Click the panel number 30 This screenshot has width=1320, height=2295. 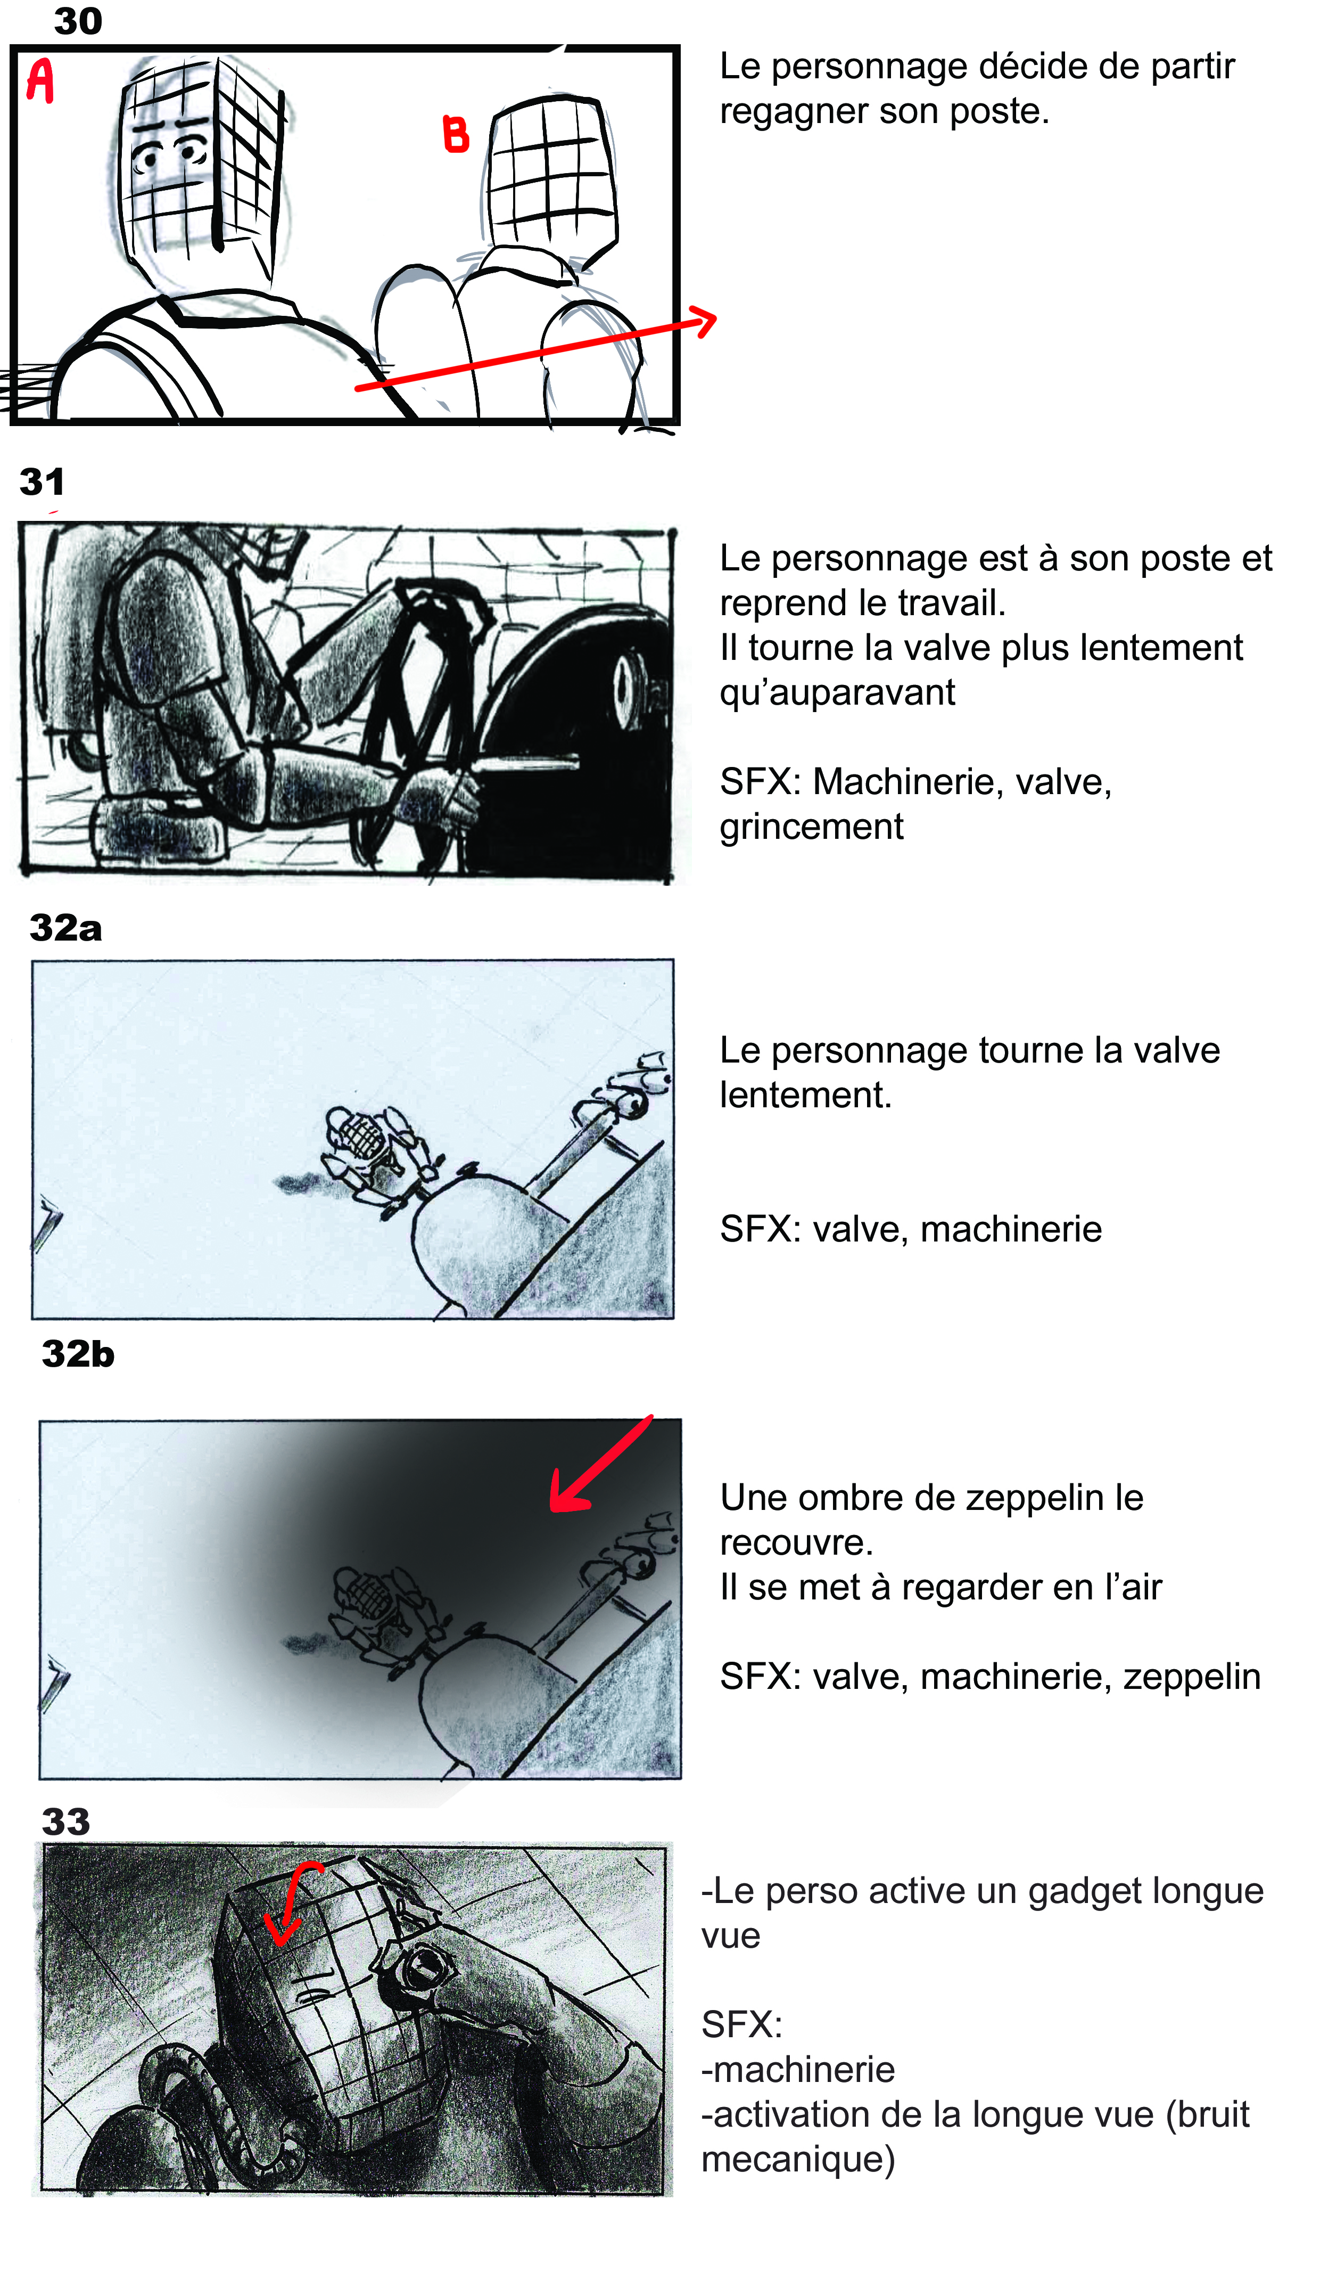pyautogui.click(x=78, y=21)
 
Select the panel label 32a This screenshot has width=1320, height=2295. pyautogui.click(x=65, y=928)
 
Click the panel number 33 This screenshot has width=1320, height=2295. pyautogui.click(x=66, y=1822)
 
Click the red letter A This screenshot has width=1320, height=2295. pyautogui.click(x=40, y=81)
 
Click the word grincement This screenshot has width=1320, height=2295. pyautogui.click(x=811, y=827)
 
